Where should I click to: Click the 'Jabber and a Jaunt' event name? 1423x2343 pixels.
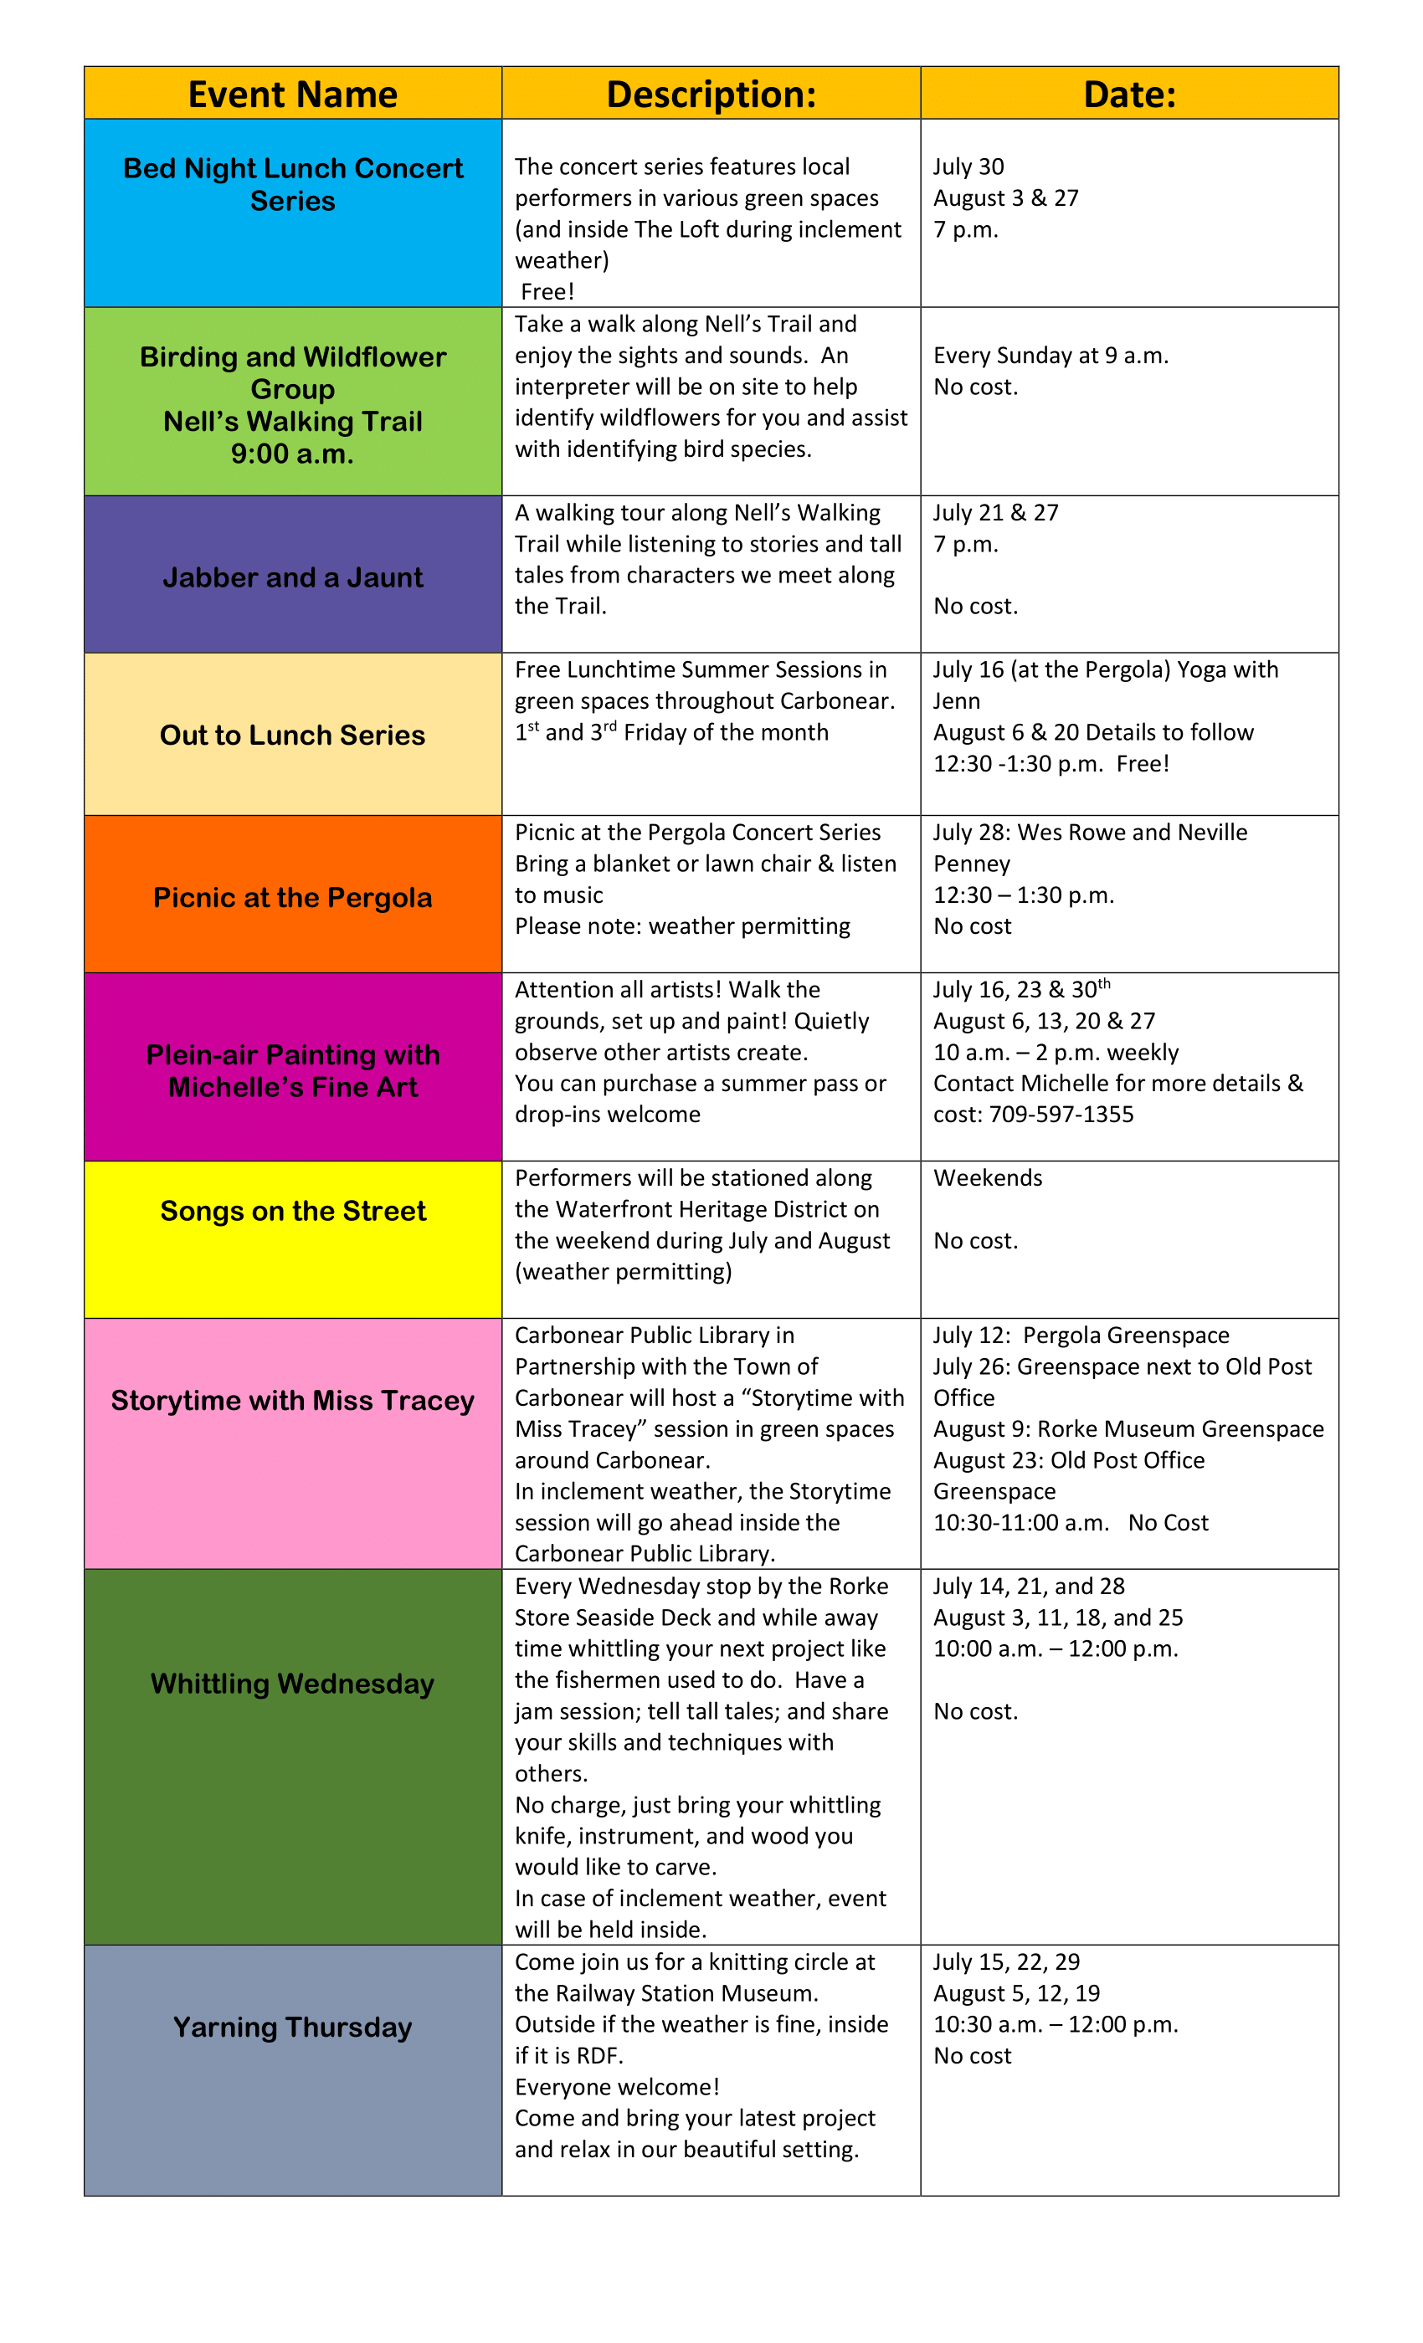[292, 577]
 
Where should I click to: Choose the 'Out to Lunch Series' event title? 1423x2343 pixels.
[292, 735]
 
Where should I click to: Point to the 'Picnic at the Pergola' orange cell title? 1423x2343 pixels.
[292, 898]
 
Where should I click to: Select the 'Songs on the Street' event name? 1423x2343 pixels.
[292, 1211]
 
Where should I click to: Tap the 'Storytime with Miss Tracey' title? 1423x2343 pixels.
[292, 1400]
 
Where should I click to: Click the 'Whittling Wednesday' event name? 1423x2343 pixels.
[292, 1683]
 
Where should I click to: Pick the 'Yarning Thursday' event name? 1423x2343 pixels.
[292, 2027]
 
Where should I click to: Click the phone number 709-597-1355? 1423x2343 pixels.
[1061, 1115]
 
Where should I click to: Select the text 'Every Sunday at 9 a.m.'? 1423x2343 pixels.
[1051, 356]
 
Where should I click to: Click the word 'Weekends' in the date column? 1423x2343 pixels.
[988, 1178]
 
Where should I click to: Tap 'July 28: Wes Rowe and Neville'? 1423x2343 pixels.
[1089, 833]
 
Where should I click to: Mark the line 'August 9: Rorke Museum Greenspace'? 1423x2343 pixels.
[1128, 1429]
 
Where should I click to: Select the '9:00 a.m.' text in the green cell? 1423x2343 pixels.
[292, 454]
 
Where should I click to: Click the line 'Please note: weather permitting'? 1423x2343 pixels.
[682, 926]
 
